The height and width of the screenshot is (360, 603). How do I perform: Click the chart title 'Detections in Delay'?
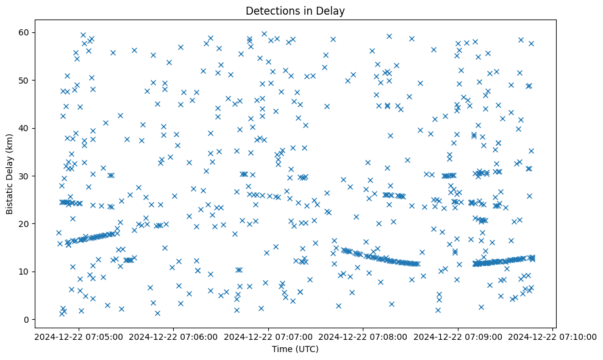tap(295, 10)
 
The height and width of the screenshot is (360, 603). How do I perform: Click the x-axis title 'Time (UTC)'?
tap(295, 349)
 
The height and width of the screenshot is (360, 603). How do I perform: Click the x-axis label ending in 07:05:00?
tap(77, 336)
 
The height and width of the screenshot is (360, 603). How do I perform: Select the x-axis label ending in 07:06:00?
tap(173, 336)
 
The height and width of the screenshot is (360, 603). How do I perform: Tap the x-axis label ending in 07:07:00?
tap(268, 336)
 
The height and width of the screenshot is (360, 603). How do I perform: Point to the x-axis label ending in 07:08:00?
tap(363, 336)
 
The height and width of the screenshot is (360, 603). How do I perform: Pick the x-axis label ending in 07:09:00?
tap(458, 336)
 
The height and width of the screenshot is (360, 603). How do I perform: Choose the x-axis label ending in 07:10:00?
tap(553, 336)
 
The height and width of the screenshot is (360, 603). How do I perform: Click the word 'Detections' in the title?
tap(271, 10)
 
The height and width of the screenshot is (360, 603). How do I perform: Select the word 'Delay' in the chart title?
tap(332, 10)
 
